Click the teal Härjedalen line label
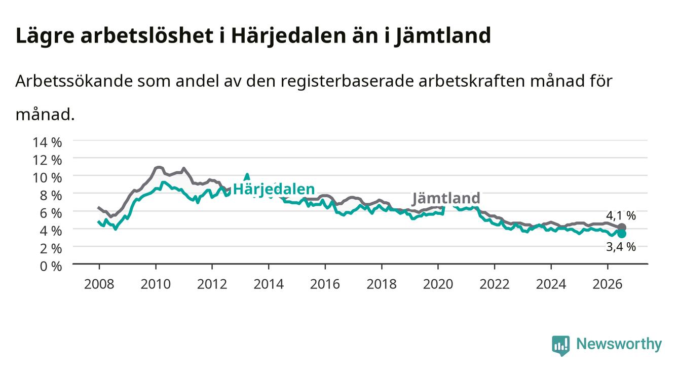(x=274, y=190)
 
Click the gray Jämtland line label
(x=446, y=198)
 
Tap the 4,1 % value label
(x=621, y=215)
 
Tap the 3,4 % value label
(x=621, y=247)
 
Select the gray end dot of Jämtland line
(x=622, y=228)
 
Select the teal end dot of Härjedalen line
(x=622, y=234)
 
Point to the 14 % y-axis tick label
(x=47, y=142)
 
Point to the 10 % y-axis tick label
(x=47, y=178)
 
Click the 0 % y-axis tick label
(x=51, y=267)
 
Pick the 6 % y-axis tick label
(x=51, y=213)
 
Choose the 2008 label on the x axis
(x=99, y=284)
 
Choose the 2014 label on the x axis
(x=269, y=284)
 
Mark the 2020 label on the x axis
(x=438, y=284)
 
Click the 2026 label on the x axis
(x=608, y=284)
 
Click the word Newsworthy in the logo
(x=619, y=344)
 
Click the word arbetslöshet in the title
(x=147, y=35)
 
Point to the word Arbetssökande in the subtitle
(x=74, y=81)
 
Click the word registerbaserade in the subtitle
(x=347, y=82)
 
